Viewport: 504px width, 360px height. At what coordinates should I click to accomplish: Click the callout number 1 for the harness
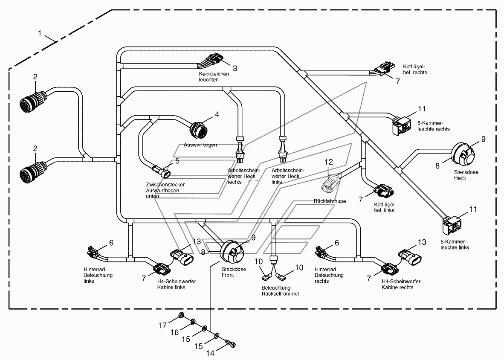coord(40,33)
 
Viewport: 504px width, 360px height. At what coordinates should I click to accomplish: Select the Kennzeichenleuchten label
coord(214,76)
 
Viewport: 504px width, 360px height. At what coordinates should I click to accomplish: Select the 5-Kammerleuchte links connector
coord(452,224)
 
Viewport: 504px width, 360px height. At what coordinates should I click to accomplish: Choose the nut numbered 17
coord(181,315)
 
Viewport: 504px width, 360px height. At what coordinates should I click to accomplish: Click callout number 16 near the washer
coord(174,332)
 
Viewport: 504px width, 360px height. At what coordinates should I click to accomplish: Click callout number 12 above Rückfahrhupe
coord(328,162)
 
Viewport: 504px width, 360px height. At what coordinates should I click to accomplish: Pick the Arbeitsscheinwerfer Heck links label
coord(287,176)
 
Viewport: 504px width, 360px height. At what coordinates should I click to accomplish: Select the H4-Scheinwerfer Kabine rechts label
coord(401,284)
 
